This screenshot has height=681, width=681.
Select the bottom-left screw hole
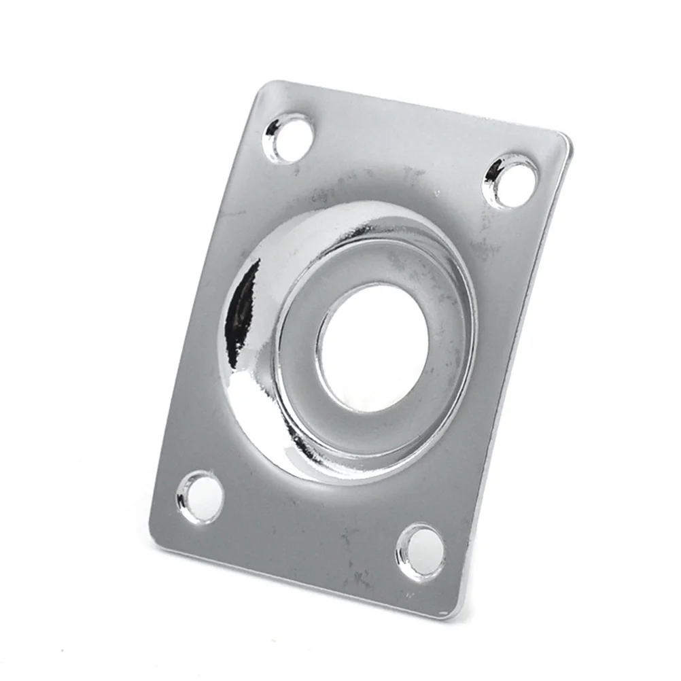(200, 497)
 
